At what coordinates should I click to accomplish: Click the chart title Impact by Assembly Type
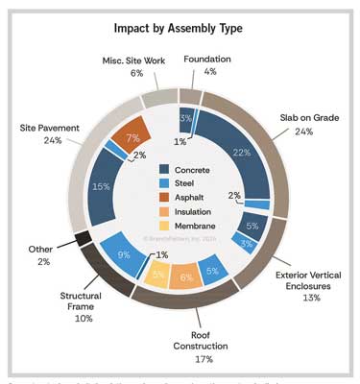pyautogui.click(x=180, y=25)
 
